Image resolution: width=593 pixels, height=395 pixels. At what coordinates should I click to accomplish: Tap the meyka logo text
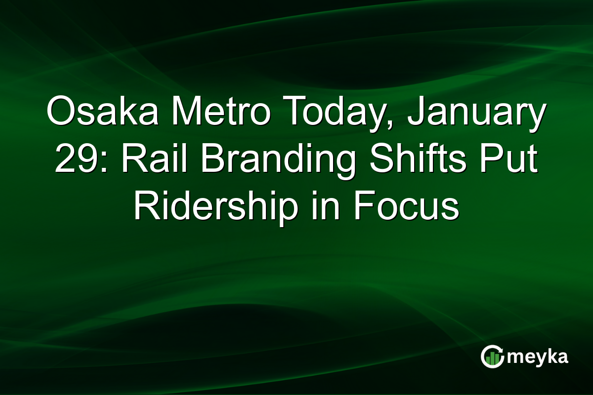[x=539, y=357]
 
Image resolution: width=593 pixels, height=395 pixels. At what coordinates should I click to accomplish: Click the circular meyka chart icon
[x=492, y=357]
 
